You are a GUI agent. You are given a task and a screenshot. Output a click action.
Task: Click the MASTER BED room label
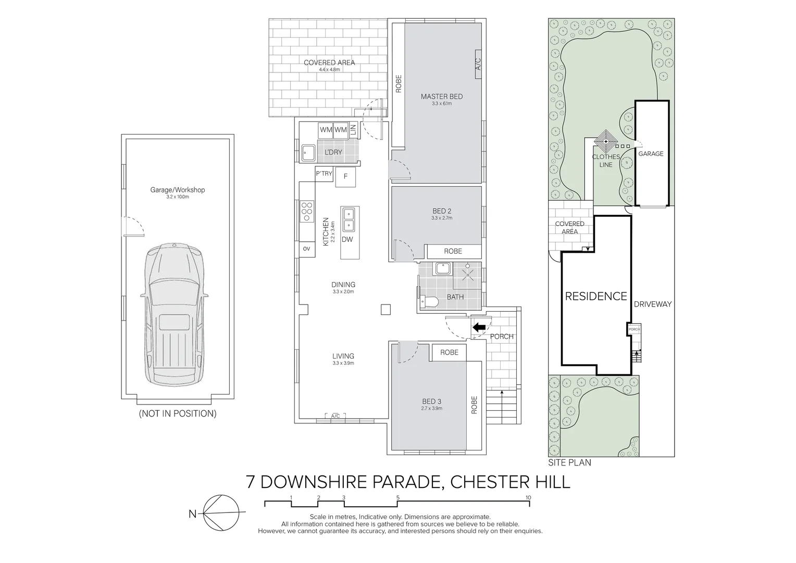(x=441, y=96)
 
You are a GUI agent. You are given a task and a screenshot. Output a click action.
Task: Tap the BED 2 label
(x=441, y=211)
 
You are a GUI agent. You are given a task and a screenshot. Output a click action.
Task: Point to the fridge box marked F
(x=345, y=177)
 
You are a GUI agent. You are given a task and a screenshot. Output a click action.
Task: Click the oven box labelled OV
(x=306, y=249)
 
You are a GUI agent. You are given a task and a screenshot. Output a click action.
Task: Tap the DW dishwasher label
(x=347, y=239)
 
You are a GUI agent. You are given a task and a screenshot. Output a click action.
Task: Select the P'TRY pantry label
(x=324, y=174)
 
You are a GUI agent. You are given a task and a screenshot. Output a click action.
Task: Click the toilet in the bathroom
(x=429, y=302)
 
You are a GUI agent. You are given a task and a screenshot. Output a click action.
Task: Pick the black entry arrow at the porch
(x=478, y=327)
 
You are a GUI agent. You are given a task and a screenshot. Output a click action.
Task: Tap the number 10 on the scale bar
(x=528, y=498)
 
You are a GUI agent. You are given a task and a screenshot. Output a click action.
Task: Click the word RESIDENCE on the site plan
(x=596, y=296)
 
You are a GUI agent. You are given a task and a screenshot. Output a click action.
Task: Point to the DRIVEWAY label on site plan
(x=653, y=304)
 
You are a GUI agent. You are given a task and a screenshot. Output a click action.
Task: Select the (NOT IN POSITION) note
(x=177, y=414)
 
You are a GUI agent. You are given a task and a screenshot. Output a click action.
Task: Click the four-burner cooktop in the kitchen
(x=306, y=211)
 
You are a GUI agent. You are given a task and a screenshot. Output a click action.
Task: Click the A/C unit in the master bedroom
(x=478, y=65)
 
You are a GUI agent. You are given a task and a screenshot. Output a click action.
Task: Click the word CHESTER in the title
(x=486, y=482)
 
